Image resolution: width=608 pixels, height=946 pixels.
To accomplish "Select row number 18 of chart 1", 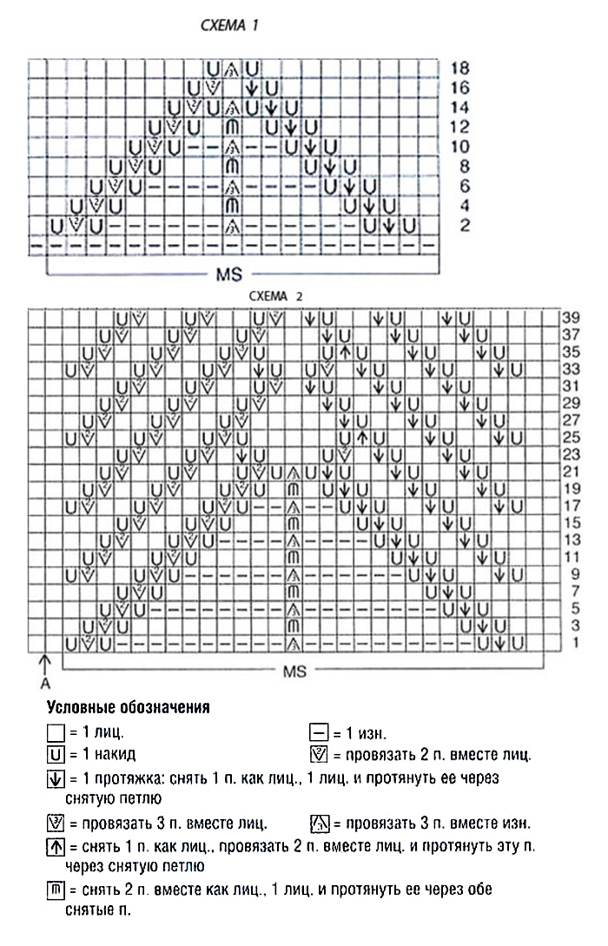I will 460,67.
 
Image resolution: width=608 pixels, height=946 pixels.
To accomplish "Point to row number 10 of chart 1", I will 460,146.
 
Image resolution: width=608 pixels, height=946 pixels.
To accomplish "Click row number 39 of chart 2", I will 570,317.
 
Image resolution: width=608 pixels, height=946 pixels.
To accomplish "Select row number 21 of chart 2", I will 570,473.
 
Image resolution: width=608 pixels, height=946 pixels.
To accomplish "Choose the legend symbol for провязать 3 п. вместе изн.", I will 319,823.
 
